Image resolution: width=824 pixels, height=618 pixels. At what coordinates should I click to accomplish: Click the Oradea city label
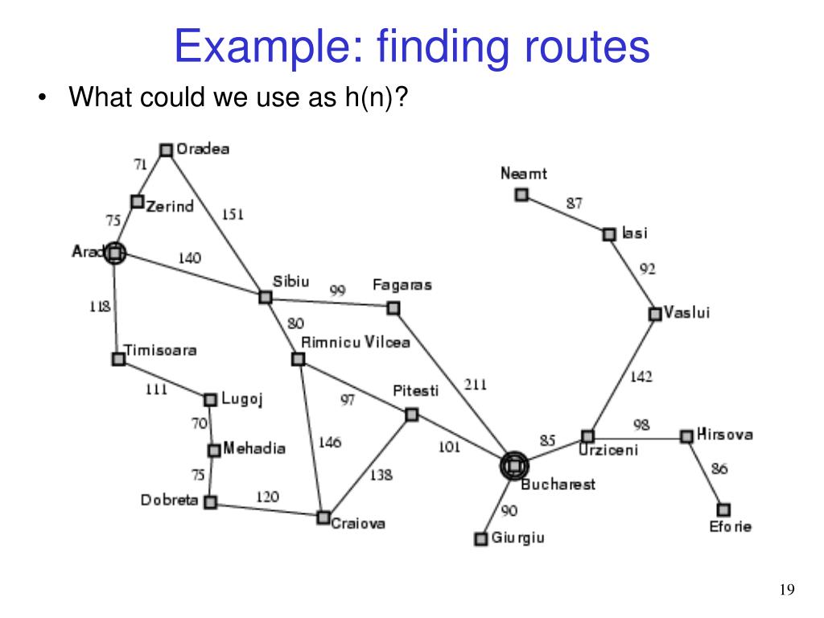[x=203, y=149]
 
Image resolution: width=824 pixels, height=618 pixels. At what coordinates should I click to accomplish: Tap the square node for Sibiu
[x=265, y=297]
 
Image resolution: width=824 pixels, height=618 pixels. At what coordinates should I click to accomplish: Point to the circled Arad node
[x=115, y=253]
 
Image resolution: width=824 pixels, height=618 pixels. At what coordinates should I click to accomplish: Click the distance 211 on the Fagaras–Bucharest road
[x=476, y=385]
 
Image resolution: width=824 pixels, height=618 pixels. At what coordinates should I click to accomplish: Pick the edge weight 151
[x=233, y=215]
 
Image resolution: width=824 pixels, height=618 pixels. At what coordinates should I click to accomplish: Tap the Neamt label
[x=524, y=173]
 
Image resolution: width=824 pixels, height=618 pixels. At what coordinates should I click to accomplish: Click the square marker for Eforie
[x=723, y=509]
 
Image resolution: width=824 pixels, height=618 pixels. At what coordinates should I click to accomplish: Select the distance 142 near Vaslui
[x=641, y=377]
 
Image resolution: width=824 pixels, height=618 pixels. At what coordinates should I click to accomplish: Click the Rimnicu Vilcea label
[x=355, y=342]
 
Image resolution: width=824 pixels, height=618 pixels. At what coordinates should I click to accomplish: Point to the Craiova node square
[x=323, y=517]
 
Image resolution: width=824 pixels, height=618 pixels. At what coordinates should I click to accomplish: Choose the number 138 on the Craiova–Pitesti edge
[x=381, y=475]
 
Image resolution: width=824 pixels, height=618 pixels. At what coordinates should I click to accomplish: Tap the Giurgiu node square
[x=481, y=538]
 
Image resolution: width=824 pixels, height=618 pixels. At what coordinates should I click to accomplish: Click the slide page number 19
[x=787, y=591]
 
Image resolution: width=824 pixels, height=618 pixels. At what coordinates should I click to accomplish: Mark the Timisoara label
[x=160, y=350]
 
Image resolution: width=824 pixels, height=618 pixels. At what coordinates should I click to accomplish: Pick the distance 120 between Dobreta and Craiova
[x=268, y=496]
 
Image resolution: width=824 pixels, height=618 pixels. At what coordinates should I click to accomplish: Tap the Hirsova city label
[x=725, y=435]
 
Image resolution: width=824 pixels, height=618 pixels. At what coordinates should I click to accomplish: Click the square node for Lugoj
[x=210, y=399]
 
